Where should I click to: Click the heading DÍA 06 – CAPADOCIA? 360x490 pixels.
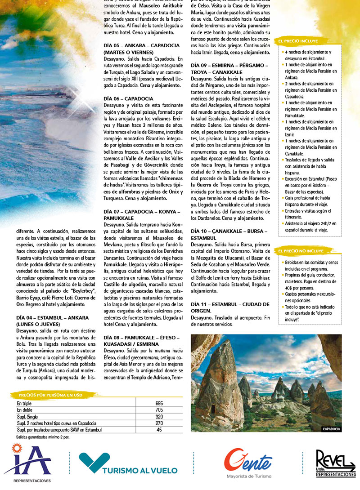pos(128,98)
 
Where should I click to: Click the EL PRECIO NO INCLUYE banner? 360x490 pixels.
pos(301,251)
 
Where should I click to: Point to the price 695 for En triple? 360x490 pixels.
pos(159,403)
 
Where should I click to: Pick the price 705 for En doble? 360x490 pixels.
pos(159,410)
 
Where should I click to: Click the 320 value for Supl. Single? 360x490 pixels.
pos(159,417)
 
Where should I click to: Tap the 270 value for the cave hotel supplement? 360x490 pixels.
pos(159,423)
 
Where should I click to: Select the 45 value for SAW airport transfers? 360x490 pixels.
pos(159,430)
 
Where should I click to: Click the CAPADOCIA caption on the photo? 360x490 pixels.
pos(332,429)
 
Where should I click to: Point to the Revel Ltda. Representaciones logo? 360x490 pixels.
pos(335,463)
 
